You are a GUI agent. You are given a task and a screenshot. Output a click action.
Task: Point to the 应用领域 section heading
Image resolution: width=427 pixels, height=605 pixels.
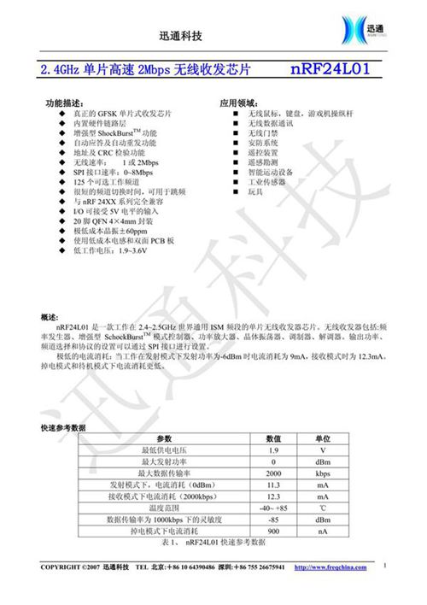pyautogui.click(x=238, y=103)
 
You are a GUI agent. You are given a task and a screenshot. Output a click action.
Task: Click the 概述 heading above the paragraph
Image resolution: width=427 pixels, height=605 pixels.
pyautogui.click(x=49, y=317)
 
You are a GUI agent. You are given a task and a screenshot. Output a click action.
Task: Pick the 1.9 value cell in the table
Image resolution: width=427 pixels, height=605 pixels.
pyautogui.click(x=273, y=449)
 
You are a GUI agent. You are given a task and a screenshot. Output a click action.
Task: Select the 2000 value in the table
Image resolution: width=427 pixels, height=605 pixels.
pyautogui.click(x=273, y=473)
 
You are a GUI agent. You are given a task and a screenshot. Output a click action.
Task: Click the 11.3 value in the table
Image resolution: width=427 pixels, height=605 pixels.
pyautogui.click(x=273, y=484)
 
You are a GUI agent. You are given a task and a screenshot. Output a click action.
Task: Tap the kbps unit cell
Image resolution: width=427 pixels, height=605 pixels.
pyautogui.click(x=323, y=473)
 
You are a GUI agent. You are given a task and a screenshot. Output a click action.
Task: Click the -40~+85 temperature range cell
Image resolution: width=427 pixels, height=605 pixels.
pyautogui.click(x=273, y=507)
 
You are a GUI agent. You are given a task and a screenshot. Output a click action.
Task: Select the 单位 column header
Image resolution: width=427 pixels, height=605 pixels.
pyautogui.click(x=323, y=438)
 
